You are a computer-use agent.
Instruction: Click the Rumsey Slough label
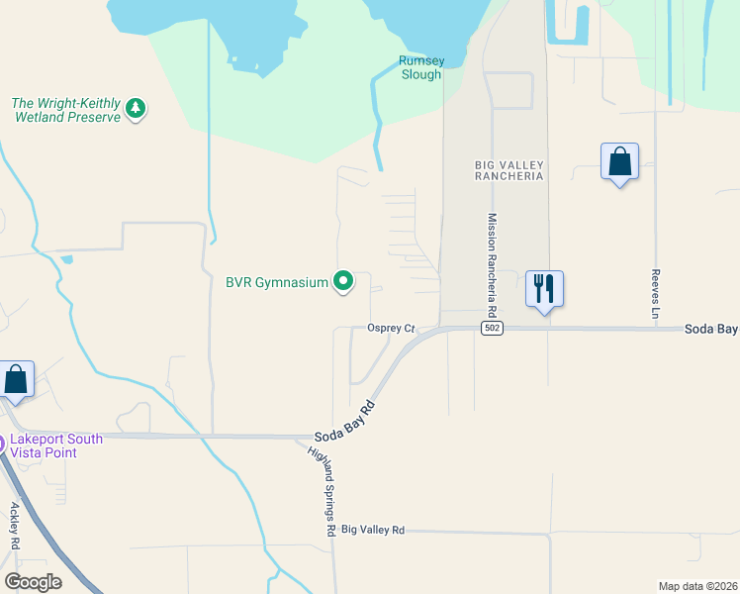pyautogui.click(x=420, y=67)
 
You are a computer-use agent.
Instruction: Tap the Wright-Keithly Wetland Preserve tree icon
pyautogui.click(x=137, y=109)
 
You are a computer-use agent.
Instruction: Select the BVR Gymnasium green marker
pyautogui.click(x=343, y=282)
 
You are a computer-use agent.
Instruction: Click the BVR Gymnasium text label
pyautogui.click(x=276, y=282)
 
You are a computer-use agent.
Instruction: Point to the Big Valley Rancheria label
pyautogui.click(x=509, y=169)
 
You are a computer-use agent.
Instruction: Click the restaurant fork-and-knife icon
pyautogui.click(x=543, y=288)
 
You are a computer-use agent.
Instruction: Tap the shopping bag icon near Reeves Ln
pyautogui.click(x=619, y=161)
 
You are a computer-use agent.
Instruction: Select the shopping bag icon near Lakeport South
pyautogui.click(x=16, y=379)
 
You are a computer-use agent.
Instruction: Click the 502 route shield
pyautogui.click(x=491, y=328)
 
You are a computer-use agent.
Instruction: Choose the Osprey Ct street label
pyautogui.click(x=389, y=328)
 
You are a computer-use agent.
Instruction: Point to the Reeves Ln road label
pyautogui.click(x=655, y=293)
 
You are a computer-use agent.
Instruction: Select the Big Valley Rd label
pyautogui.click(x=373, y=530)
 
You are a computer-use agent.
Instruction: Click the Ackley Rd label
pyautogui.click(x=16, y=527)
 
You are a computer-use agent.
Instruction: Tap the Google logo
pyautogui.click(x=33, y=581)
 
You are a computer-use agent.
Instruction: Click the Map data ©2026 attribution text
pyautogui.click(x=696, y=586)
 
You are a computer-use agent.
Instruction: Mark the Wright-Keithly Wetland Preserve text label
pyautogui.click(x=64, y=109)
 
